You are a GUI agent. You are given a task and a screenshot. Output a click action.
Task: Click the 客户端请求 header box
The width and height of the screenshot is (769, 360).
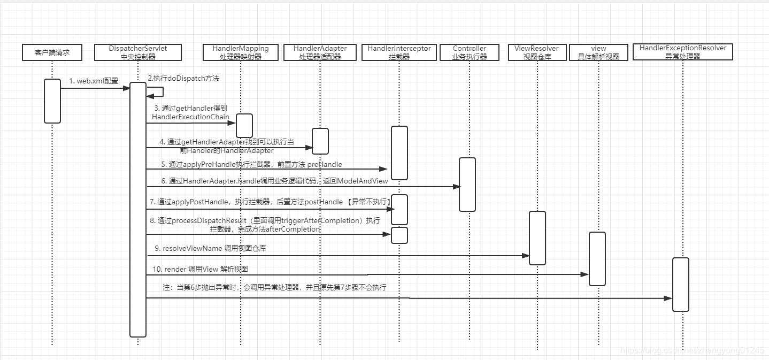click(x=52, y=52)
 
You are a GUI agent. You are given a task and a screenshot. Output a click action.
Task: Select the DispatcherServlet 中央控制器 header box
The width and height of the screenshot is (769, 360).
click(x=137, y=52)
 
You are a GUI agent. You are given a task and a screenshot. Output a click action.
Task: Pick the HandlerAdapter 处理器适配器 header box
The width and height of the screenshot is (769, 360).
click(x=320, y=52)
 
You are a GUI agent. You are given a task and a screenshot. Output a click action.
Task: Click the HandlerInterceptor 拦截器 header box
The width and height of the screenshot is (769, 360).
click(x=399, y=52)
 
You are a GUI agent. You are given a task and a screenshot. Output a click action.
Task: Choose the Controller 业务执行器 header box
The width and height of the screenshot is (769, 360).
click(x=469, y=52)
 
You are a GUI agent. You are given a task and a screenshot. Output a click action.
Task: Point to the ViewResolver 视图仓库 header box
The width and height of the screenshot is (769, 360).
click(x=536, y=52)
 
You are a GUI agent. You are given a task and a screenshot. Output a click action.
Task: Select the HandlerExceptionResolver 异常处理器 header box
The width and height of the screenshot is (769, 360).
click(x=682, y=52)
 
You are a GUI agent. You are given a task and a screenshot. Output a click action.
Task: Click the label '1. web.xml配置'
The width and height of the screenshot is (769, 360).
click(x=94, y=81)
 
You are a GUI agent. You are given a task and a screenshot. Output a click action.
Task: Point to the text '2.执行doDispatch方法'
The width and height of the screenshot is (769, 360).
click(x=183, y=78)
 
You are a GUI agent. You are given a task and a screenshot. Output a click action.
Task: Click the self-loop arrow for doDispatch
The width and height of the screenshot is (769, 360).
click(x=157, y=91)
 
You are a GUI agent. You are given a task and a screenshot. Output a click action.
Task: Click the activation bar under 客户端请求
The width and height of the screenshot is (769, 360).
click(x=52, y=101)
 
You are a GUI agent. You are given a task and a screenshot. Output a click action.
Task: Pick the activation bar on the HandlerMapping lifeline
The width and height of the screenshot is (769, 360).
click(x=244, y=125)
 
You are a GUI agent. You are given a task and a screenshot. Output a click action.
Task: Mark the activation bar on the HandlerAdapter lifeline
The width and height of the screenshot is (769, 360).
click(x=320, y=141)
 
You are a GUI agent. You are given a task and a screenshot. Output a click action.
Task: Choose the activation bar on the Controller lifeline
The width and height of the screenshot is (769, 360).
click(x=467, y=184)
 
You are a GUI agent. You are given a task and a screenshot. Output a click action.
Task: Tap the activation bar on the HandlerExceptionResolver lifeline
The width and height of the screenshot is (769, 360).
click(x=680, y=284)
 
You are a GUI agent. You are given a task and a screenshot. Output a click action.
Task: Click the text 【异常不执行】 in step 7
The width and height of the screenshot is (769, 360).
click(x=369, y=202)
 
